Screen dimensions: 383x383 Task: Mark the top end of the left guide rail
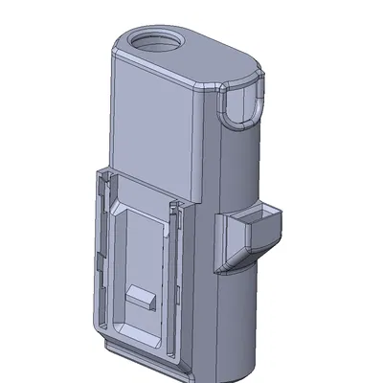coord(101,175)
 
